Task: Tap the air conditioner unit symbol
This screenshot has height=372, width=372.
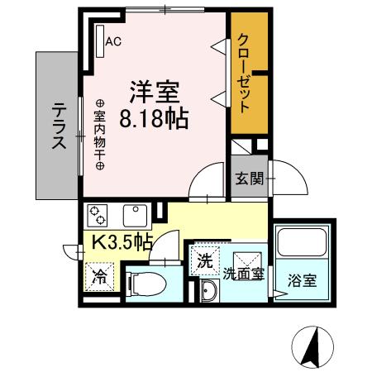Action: (x=100, y=40)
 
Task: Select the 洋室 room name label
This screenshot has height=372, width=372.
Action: (x=153, y=89)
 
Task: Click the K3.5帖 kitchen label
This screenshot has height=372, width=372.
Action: (x=121, y=242)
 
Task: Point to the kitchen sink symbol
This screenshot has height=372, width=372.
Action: (x=134, y=215)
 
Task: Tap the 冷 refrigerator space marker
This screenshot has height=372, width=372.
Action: (x=99, y=275)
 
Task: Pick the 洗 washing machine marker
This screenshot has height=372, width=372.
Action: (x=203, y=260)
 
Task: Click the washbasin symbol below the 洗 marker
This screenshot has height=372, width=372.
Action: (x=207, y=289)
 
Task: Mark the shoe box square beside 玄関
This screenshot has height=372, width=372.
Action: (x=240, y=147)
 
